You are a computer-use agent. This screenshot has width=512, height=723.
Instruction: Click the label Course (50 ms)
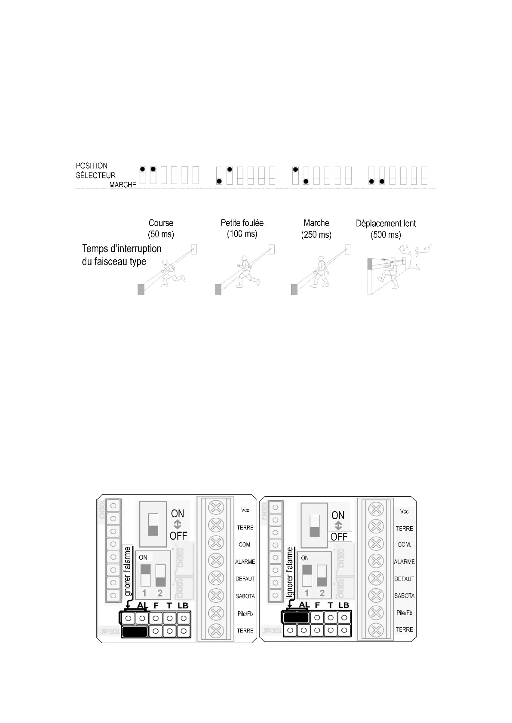pyautogui.click(x=161, y=228)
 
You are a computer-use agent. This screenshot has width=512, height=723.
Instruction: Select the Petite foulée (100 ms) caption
pyautogui.click(x=242, y=228)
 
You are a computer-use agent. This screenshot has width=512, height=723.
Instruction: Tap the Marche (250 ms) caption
pyautogui.click(x=316, y=228)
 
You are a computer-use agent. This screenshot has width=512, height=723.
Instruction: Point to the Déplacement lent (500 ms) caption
pyautogui.click(x=386, y=229)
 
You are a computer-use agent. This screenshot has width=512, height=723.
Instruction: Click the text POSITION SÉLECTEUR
pyautogui.click(x=95, y=170)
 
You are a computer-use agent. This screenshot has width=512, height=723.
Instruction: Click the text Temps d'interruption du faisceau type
pyautogui.click(x=121, y=255)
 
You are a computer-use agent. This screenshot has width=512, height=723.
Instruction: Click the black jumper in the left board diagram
pyautogui.click(x=135, y=632)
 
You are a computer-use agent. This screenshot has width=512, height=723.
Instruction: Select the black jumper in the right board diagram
pyautogui.click(x=296, y=617)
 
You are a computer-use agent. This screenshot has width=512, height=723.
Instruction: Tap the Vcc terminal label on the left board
pyautogui.click(x=245, y=510)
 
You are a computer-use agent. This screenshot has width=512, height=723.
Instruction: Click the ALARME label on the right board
pyautogui.click(x=405, y=562)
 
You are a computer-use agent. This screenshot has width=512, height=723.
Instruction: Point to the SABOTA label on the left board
pyautogui.click(x=245, y=596)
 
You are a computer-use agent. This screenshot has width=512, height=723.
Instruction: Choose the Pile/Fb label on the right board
pyautogui.click(x=404, y=613)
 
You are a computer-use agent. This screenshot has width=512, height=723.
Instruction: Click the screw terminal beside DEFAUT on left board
pyautogui.click(x=216, y=578)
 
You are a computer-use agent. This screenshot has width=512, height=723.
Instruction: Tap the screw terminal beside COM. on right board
pyautogui.click(x=376, y=543)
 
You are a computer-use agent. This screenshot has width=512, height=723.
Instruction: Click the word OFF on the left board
pyautogui.click(x=178, y=536)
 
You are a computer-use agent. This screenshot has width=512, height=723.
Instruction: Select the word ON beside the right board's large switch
pyautogui.click(x=338, y=515)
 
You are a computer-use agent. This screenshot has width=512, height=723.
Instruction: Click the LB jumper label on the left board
pyautogui.click(x=183, y=605)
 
